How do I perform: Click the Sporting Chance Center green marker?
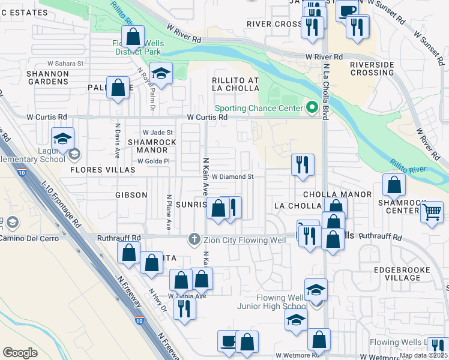pos(311,108)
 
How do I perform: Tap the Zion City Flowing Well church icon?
pos(194,238)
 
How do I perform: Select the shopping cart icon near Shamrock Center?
pos(432,211)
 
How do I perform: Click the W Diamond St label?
pos(234,177)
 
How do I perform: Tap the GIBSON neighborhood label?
pos(131,195)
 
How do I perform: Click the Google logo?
pos(20,352)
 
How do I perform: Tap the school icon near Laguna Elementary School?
pos(62,140)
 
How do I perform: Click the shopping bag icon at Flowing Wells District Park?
pos(133,37)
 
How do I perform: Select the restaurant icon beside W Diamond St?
pos(303,164)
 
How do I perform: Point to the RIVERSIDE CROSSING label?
pos(372,68)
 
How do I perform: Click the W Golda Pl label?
pos(154,161)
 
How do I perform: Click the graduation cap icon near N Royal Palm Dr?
pos(161,74)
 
